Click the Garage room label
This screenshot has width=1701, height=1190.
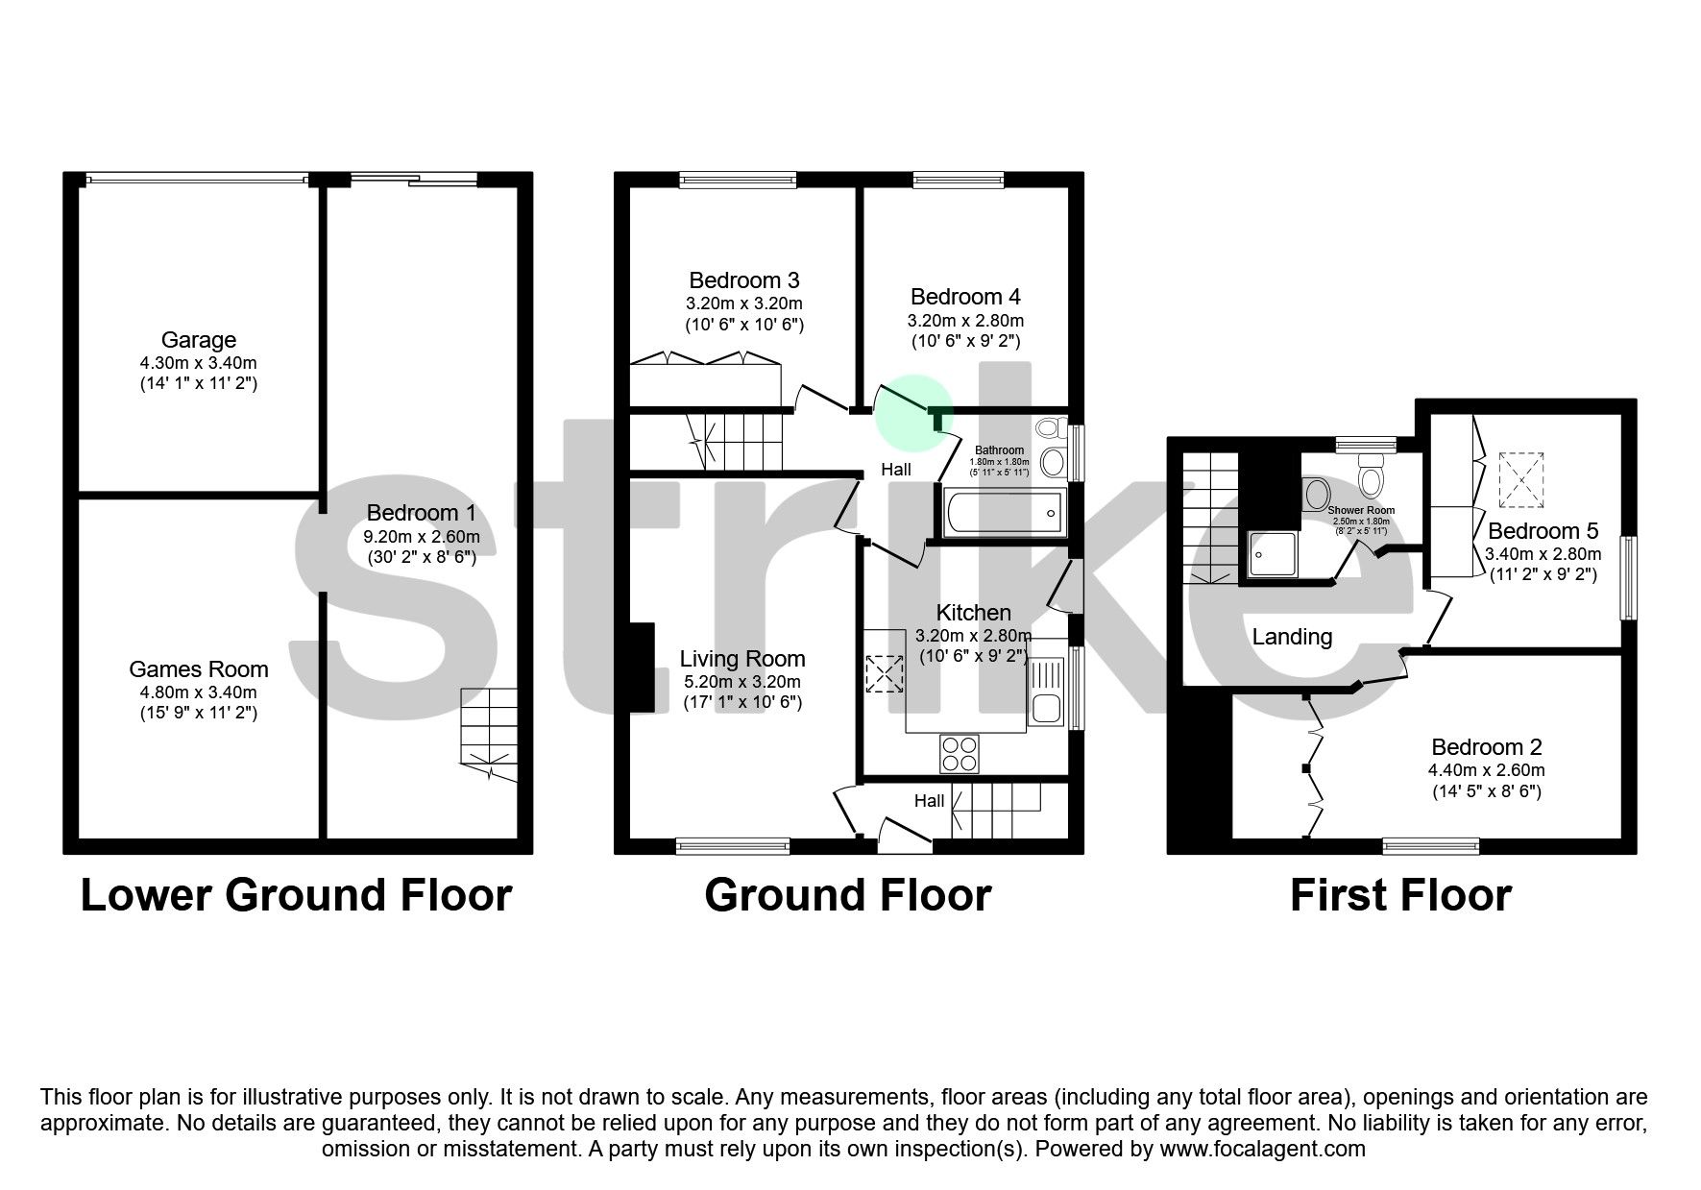coord(198,340)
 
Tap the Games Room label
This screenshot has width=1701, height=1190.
coord(198,669)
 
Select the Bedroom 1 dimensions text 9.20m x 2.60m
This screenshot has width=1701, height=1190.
coord(422,537)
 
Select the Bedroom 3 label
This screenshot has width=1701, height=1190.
coord(743,280)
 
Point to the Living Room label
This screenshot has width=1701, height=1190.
coord(741,659)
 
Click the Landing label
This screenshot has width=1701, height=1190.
coord(1291,636)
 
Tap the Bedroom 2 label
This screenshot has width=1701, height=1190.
coord(1486,747)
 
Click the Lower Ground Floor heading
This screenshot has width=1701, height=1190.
coord(296,895)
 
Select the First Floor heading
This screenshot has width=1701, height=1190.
coord(1400,895)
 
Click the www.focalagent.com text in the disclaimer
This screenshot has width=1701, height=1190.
coord(1262,1149)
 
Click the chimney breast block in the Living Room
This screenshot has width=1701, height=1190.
coord(641,669)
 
